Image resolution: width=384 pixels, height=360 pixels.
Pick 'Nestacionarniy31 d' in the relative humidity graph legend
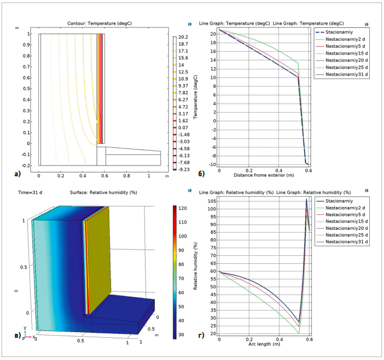348,242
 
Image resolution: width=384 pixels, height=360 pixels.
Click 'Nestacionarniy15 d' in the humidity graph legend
348,218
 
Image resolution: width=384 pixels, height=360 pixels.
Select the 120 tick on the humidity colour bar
183,209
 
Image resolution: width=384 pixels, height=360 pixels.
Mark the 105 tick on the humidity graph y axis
212,201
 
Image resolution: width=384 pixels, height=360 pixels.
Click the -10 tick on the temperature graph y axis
213,164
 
